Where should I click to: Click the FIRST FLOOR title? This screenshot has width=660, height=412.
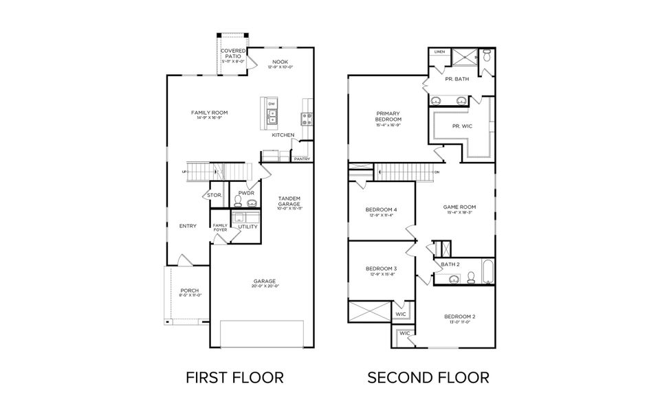pos(235,377)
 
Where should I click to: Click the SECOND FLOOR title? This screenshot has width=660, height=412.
pos(428,377)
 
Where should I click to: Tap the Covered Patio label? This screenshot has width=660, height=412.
pos(233,54)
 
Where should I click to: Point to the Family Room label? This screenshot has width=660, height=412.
pos(209,113)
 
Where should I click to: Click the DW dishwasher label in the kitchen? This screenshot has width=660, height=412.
pos(272,104)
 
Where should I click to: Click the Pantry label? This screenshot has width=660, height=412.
pos(302,159)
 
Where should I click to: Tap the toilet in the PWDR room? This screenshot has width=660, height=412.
pos(238,201)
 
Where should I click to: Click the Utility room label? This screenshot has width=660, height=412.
pos(247,227)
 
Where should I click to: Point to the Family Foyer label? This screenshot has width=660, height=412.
pos(220,227)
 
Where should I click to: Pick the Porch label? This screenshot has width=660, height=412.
pos(189,290)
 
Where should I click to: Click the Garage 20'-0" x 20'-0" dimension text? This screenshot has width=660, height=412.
pos(264,287)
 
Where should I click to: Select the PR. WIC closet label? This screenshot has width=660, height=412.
pos(462,126)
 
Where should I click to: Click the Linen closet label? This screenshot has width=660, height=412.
pos(439,51)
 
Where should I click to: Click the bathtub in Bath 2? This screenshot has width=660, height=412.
pos(487,271)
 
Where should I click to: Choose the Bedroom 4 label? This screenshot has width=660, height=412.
pos(381,209)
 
